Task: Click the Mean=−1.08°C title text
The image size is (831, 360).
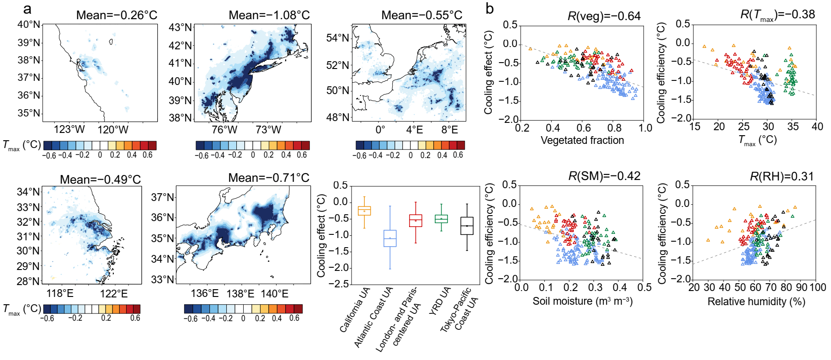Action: pyautogui.click(x=269, y=15)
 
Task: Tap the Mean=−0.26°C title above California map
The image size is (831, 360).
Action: pyautogui.click(x=117, y=15)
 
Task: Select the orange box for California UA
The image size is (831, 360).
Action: pyautogui.click(x=364, y=211)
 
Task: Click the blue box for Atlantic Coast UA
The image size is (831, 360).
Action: pyautogui.click(x=390, y=238)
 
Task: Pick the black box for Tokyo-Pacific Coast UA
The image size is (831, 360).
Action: pyautogui.click(x=467, y=226)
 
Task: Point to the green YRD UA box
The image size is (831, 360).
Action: pyautogui.click(x=441, y=219)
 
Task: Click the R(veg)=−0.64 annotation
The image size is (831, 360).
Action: pyautogui.click(x=604, y=16)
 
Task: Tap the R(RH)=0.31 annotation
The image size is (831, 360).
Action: pyautogui.click(x=782, y=176)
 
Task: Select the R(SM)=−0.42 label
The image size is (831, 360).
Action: pyautogui.click(x=604, y=176)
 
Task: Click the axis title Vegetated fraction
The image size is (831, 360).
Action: pyautogui.click(x=582, y=140)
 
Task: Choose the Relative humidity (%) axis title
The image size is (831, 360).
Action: pyautogui.click(x=756, y=302)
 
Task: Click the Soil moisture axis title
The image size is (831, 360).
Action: pyautogui.click(x=582, y=302)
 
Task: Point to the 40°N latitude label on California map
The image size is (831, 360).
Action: pyautogui.click(x=29, y=24)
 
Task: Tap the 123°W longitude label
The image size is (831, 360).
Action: pyautogui.click(x=69, y=129)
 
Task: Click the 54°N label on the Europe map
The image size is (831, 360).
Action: pyautogui.click(x=338, y=38)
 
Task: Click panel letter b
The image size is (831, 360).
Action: pyautogui.click(x=490, y=9)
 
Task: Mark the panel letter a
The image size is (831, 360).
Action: pyautogui.click(x=27, y=10)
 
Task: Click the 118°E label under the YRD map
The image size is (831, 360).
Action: pyautogui.click(x=60, y=293)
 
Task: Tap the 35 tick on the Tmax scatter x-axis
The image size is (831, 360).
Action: pyautogui.click(x=793, y=127)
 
